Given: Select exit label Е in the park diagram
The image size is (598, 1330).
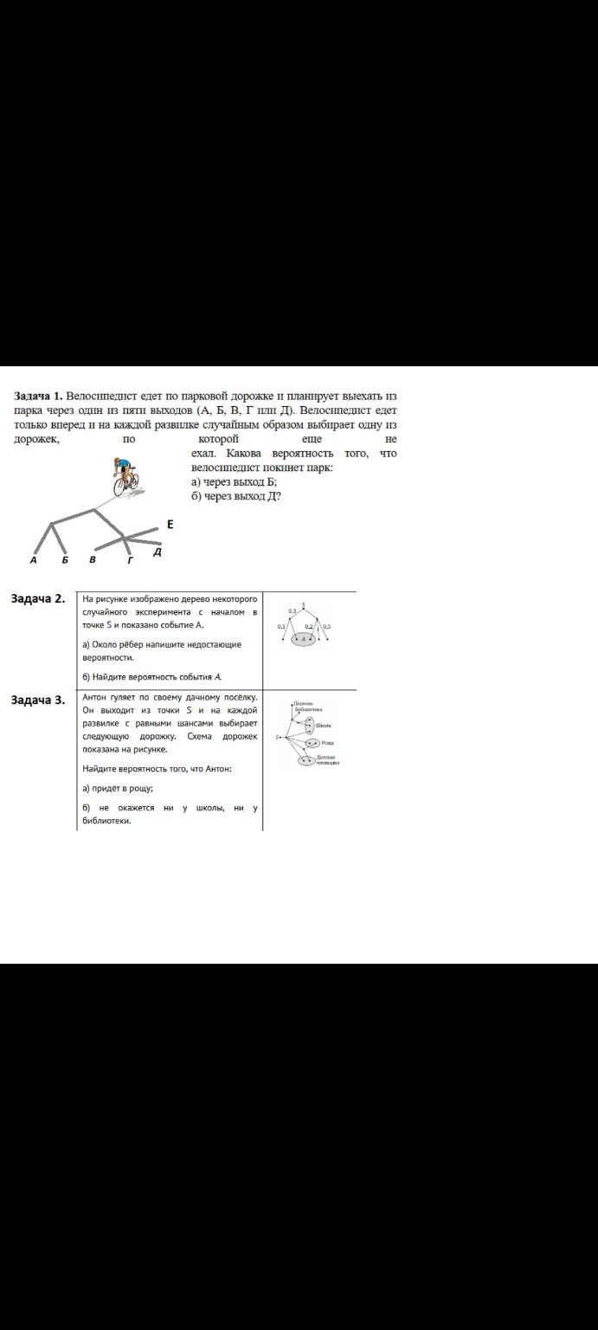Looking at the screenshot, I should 170,525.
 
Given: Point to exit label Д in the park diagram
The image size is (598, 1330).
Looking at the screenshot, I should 157,552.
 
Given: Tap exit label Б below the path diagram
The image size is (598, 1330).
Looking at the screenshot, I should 64,561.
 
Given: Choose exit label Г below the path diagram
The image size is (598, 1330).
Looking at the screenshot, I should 131,561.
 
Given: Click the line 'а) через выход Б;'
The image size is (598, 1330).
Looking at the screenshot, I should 234,481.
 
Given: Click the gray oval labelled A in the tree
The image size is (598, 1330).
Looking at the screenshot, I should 305,639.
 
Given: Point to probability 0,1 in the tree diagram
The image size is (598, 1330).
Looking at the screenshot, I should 282,626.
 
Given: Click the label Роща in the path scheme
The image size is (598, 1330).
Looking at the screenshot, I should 327,743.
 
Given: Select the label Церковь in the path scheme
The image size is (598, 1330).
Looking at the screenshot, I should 303,703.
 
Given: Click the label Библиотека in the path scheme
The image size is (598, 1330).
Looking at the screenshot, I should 309,709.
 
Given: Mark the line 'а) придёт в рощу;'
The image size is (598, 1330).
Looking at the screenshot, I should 118,788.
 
